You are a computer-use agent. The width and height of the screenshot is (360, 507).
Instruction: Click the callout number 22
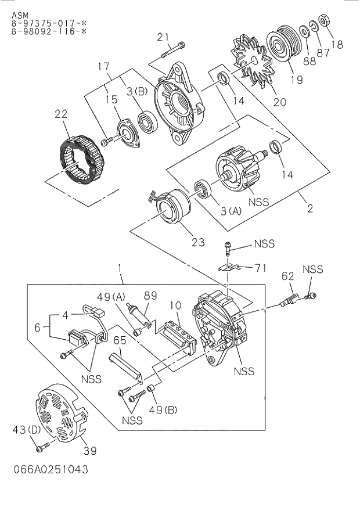(62, 114)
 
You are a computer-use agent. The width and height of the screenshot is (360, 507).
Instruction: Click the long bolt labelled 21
(171, 52)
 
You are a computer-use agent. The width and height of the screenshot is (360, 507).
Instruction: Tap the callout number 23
(198, 242)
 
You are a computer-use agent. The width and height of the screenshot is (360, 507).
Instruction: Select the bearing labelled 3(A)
(204, 190)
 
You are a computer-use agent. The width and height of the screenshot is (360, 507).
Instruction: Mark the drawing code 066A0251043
(49, 469)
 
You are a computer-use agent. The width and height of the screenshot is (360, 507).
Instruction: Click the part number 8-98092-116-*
(45, 32)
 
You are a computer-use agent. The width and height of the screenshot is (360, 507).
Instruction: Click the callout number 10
(175, 305)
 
